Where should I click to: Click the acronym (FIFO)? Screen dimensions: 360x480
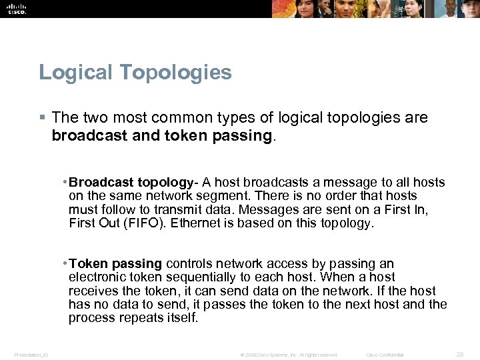pyautogui.click(x=145, y=223)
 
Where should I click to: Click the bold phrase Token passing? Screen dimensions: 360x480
pyautogui.click(x=115, y=264)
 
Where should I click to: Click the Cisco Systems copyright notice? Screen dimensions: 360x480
pyautogui.click(x=289, y=355)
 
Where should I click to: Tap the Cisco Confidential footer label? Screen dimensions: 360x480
pyautogui.click(x=385, y=355)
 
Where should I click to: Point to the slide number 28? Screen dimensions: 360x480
pyautogui.click(x=459, y=354)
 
